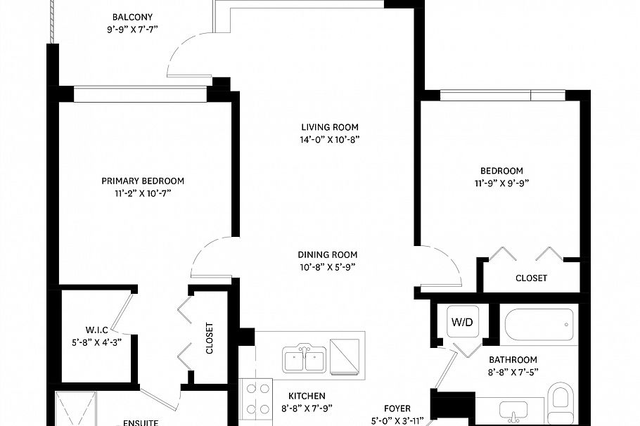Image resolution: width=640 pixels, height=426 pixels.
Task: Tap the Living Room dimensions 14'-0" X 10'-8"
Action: [330, 140]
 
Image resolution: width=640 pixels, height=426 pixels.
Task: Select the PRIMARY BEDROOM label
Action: [143, 181]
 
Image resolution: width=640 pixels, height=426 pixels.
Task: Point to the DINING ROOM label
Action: [327, 254]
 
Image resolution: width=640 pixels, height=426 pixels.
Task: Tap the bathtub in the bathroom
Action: [539, 325]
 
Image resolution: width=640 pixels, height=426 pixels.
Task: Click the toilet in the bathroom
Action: [561, 401]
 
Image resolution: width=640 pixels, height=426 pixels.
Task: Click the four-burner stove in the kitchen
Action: [257, 399]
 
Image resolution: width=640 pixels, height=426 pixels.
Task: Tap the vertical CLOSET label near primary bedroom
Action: [209, 338]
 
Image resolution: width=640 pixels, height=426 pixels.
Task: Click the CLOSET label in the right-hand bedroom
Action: [531, 278]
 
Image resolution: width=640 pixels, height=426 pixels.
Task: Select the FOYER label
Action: [397, 408]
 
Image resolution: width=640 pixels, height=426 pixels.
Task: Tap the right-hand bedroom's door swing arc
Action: [442, 264]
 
